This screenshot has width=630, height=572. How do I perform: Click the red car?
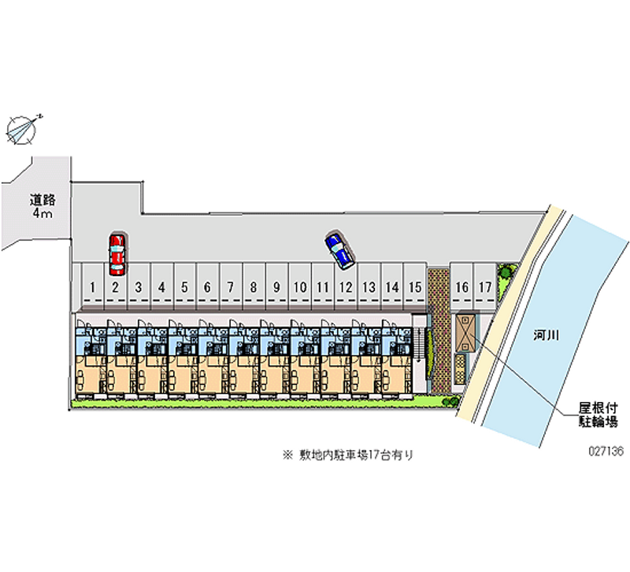[117, 255]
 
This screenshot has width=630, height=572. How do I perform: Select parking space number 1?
[93, 286]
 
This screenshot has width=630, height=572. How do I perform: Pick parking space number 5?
[184, 286]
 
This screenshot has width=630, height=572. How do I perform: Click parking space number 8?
[254, 286]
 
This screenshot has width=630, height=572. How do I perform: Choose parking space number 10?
[300, 286]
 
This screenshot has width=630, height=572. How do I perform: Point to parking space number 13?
[369, 286]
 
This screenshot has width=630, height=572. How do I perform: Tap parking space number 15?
[415, 286]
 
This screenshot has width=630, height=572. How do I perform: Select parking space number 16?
[461, 286]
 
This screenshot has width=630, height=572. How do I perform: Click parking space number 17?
[485, 286]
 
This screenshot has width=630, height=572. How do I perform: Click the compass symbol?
[22, 130]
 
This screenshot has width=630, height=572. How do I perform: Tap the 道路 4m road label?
[43, 206]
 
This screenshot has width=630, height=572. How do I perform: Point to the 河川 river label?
[546, 334]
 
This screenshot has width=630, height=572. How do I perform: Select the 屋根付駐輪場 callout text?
[598, 415]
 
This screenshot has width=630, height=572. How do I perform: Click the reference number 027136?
[606, 451]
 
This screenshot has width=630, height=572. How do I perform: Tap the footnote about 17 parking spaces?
[348, 456]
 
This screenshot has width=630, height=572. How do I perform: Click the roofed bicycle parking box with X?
[465, 333]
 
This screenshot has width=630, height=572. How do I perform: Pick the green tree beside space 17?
[506, 271]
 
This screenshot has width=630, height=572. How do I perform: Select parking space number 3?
[139, 286]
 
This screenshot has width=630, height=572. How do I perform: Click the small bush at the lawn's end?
[450, 400]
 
